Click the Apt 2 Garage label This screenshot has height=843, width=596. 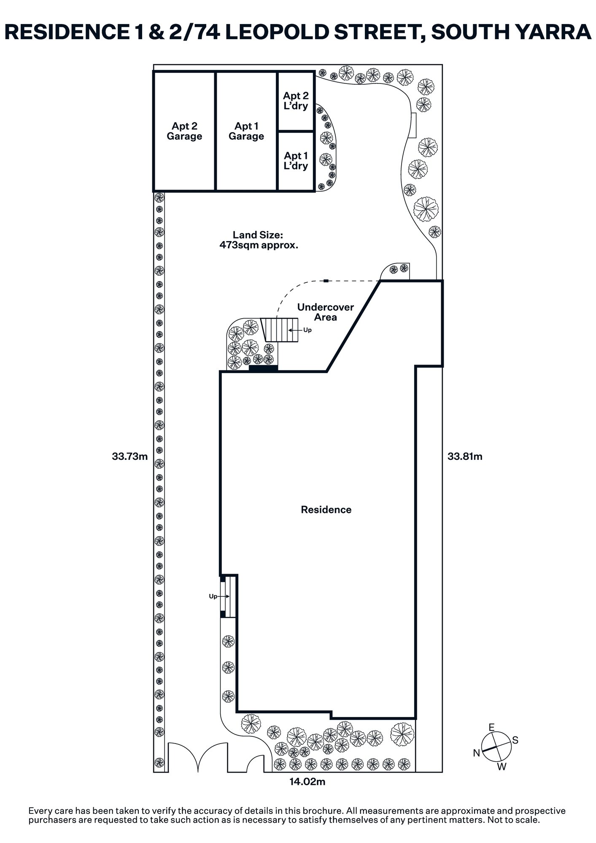[x=184, y=131]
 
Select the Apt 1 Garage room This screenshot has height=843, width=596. [x=246, y=131]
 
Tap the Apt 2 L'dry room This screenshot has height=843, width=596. [x=296, y=101]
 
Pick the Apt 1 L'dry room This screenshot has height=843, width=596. [x=296, y=161]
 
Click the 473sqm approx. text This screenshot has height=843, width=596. [x=259, y=245]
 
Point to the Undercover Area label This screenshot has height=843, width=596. [x=325, y=312]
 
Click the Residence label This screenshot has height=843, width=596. [x=326, y=510]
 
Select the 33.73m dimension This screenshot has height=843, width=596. [x=129, y=456]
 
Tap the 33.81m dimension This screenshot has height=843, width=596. [x=465, y=456]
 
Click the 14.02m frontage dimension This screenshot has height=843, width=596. [x=307, y=782]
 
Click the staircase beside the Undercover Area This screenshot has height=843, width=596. [x=280, y=330]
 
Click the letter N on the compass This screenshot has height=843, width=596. [x=477, y=753]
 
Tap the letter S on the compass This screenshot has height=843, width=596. [x=515, y=740]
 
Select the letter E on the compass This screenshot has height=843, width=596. [x=491, y=727]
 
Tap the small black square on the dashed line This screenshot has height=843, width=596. [x=326, y=281]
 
